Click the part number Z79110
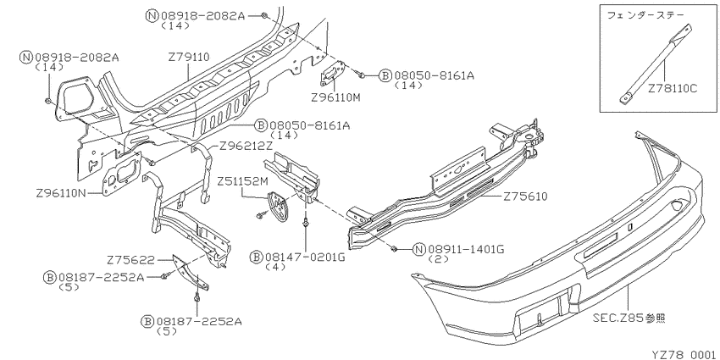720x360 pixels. point(189,58)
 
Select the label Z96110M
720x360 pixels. point(335,97)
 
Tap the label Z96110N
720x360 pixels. point(61,194)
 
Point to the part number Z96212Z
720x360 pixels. point(246,147)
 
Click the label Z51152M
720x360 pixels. point(242,181)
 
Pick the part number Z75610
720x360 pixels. point(526,197)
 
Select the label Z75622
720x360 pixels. point(130,260)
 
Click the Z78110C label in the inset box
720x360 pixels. point(673,89)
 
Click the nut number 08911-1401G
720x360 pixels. point(467,249)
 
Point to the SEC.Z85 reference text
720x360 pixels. point(629,318)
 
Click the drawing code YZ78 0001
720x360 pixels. point(685,355)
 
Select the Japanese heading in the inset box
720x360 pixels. point(645,15)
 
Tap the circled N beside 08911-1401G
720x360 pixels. point(418,249)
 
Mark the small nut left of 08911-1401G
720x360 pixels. point(395,249)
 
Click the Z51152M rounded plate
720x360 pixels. point(279,208)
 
